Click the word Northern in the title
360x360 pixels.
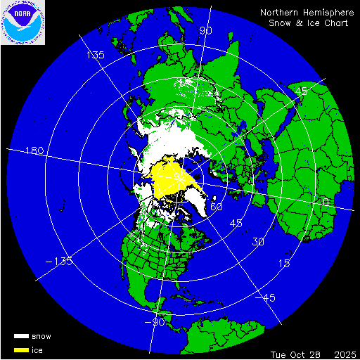279,13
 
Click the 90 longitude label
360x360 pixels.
206,30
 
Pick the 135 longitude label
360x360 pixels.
95,55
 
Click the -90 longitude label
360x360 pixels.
157,323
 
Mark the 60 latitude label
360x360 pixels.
217,207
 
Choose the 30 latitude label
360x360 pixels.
259,242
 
